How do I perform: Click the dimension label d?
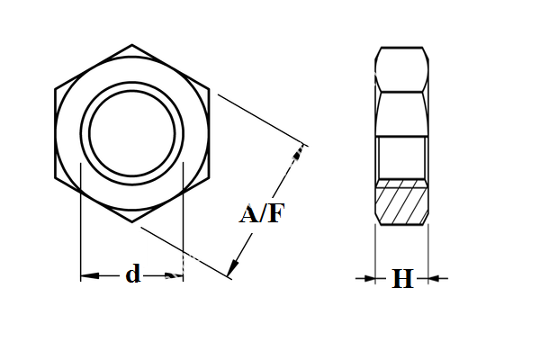coord(133,275)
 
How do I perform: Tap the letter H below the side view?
coord(402,279)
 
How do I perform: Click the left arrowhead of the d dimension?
coord(88,276)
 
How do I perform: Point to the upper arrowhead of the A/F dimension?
coord(299,154)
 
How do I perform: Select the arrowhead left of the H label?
coord(369,279)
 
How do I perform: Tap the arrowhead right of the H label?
coord(435,279)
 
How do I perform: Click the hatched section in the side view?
coord(401,202)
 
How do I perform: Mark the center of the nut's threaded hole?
coord(132,132)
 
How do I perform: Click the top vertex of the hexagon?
coord(132,44)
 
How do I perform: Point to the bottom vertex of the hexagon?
coord(132,220)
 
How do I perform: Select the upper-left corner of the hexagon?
coord(56,88)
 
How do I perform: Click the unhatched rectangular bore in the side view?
coord(401,157)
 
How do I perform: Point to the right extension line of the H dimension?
coord(428,256)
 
